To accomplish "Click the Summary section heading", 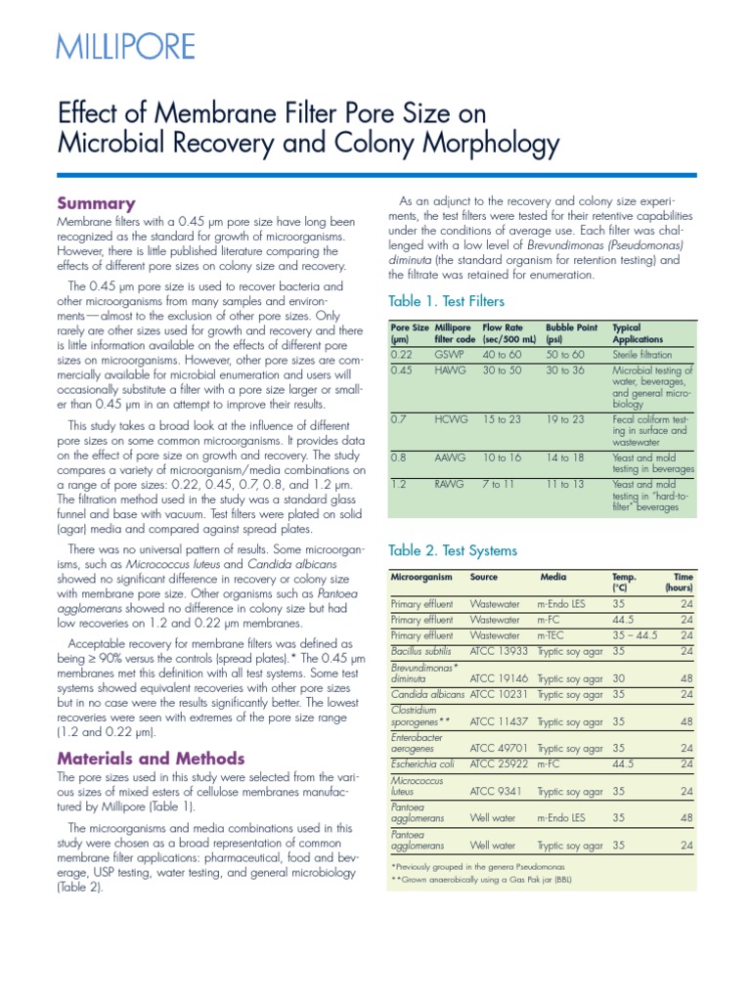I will pos(96,203).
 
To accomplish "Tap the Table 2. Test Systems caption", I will pos(453,550).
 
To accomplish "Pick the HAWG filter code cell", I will pos(452,370).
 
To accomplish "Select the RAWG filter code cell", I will pos(452,485).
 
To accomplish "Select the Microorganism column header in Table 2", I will pos(424,577).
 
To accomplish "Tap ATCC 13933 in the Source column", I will pos(501,649).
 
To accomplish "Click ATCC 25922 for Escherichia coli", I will pos(501,763).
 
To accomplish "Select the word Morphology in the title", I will pos(478,144).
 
